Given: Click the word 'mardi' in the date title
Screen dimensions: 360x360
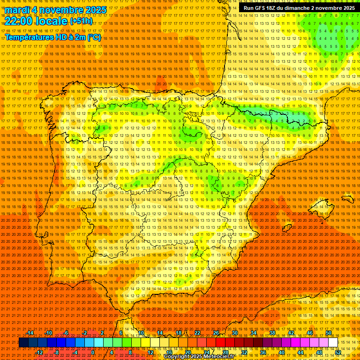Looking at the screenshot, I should click(x=17, y=10).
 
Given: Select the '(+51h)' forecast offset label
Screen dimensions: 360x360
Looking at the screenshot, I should click(x=81, y=21).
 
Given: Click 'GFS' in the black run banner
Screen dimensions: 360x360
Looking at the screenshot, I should click(x=260, y=8).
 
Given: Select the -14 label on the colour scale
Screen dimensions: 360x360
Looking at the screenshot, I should click(x=30, y=333).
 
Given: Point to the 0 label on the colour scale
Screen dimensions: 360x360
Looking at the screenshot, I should click(x=93, y=352).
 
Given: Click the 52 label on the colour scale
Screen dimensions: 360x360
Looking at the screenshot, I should click(x=338, y=352).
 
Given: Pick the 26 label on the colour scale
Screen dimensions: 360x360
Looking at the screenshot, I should click(x=216, y=333).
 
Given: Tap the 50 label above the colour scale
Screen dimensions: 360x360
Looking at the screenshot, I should click(x=329, y=333).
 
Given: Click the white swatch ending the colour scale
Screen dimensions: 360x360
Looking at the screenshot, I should click(x=333, y=343).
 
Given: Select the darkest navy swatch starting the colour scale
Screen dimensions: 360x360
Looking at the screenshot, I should click(x=23, y=343).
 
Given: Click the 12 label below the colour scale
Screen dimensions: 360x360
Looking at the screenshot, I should click(x=150, y=352).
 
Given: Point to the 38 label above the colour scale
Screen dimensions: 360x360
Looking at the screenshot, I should click(x=272, y=333).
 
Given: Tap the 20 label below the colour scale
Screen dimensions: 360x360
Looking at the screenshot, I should click(x=188, y=352).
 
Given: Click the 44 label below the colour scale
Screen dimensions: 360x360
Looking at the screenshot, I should click(x=300, y=352).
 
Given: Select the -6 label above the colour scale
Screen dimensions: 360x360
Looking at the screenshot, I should click(x=67, y=333).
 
